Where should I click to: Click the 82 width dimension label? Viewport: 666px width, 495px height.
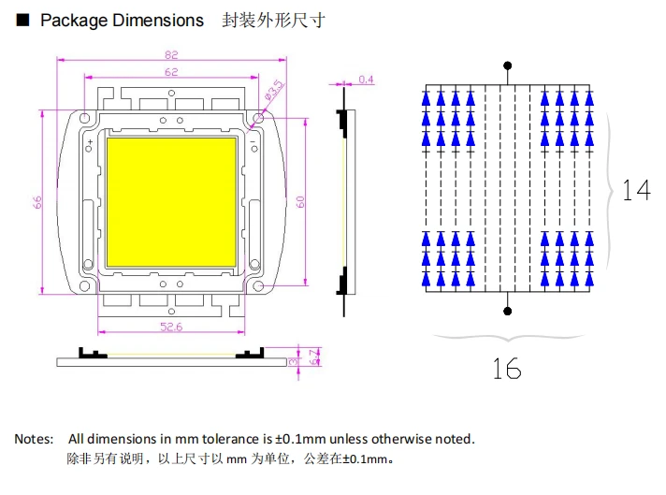pos(171,55)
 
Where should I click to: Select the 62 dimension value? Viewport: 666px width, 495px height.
pos(171,72)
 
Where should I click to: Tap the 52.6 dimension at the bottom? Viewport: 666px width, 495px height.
pos(171,327)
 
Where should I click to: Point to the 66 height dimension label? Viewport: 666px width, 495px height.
pos(37,202)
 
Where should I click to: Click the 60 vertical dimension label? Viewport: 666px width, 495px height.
pos(300,202)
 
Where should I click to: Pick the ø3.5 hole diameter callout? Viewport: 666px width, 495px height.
pos(274,90)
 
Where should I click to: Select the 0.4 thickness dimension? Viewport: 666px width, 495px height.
pos(366,80)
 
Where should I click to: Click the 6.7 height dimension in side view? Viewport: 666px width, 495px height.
pos(314,357)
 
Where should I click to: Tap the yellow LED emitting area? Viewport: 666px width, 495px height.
pos(171,202)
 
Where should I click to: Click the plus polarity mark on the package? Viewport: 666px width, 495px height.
pos(90,141)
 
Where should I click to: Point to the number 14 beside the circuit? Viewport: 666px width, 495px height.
pos(636,190)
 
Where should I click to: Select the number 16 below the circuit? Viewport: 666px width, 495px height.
pos(507,369)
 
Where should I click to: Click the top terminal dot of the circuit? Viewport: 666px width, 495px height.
pos(508,66)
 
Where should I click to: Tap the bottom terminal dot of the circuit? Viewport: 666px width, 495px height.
pos(508,311)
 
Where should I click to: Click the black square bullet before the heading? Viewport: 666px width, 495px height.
pos(22,20)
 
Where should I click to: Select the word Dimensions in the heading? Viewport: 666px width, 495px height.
pos(158,21)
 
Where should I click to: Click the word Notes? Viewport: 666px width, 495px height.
pos(34,439)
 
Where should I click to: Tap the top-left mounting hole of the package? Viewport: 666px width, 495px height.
pos(85,118)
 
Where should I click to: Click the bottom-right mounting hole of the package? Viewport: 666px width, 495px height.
pos(258,286)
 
